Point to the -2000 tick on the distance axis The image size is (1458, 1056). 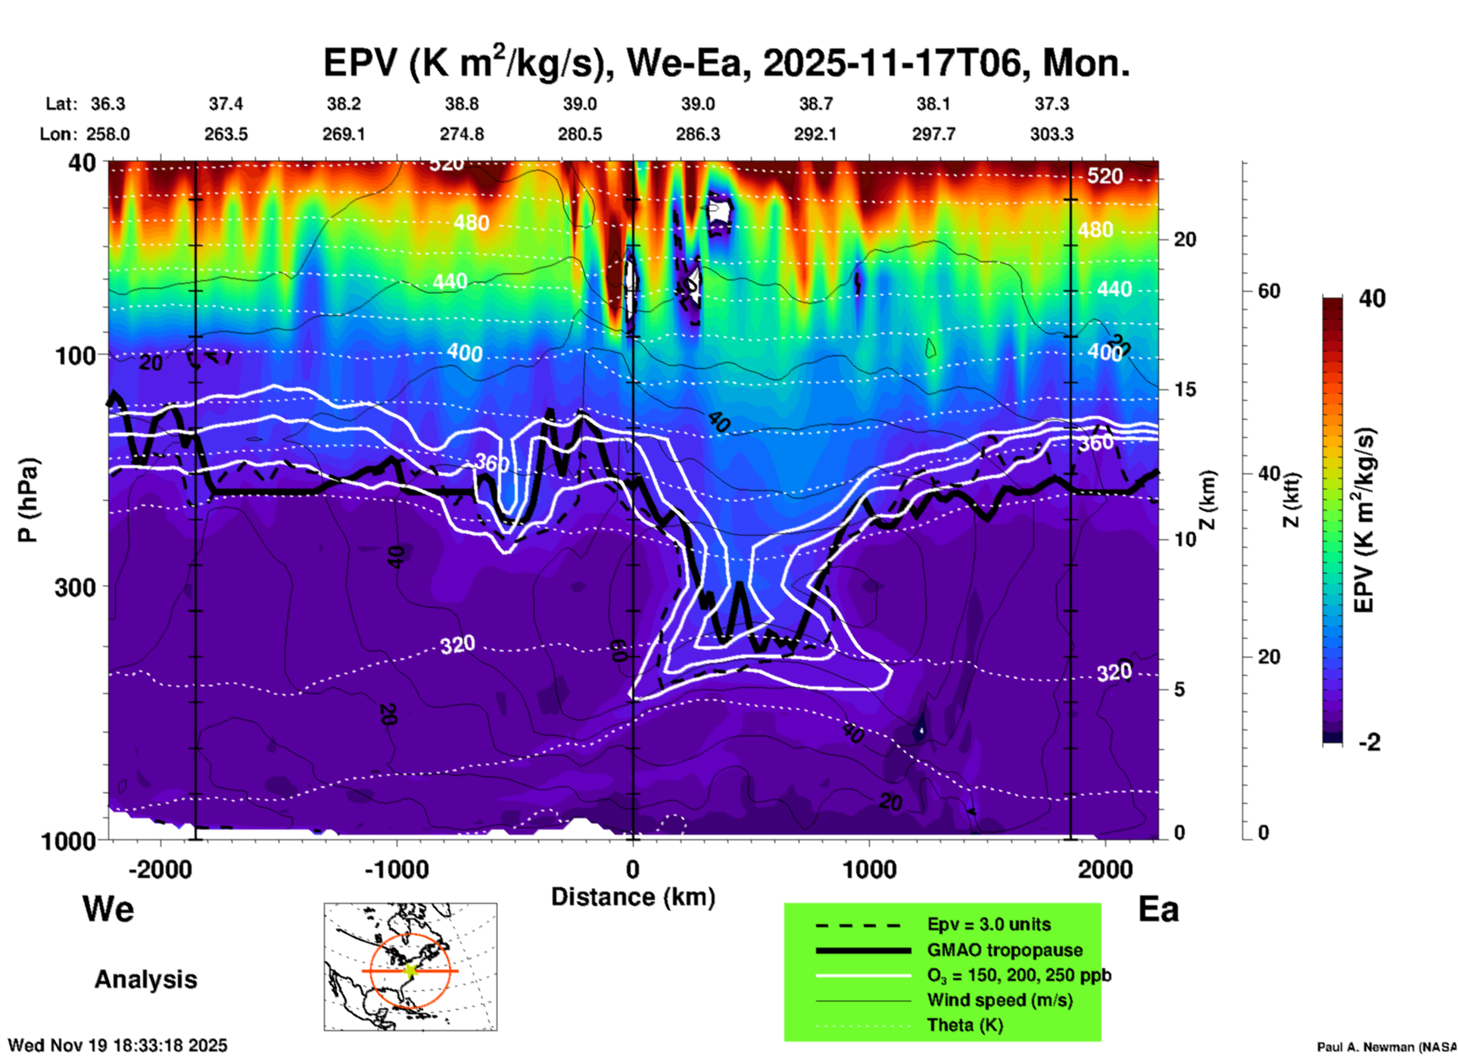[x=160, y=869]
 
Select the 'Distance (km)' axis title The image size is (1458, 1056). [x=633, y=897]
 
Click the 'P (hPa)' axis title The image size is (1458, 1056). [x=28, y=500]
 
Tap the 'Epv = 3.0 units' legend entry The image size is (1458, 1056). [x=989, y=925]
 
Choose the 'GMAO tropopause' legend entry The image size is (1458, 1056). [x=1005, y=950]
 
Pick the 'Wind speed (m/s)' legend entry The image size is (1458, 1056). [x=999, y=1000]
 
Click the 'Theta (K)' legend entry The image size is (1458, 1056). [x=965, y=1025]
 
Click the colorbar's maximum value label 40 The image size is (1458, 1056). [x=1372, y=299]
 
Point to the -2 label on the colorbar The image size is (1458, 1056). [x=1369, y=742]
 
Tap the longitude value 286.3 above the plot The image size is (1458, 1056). [x=698, y=134]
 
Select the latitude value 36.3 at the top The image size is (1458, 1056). [x=108, y=104]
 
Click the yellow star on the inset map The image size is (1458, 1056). [x=410, y=970]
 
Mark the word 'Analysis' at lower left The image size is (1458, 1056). [x=145, y=979]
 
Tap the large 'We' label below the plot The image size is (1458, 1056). [x=108, y=909]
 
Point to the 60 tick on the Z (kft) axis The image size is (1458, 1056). [x=1269, y=291]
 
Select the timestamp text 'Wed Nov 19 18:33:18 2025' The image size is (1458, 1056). [x=117, y=1045]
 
